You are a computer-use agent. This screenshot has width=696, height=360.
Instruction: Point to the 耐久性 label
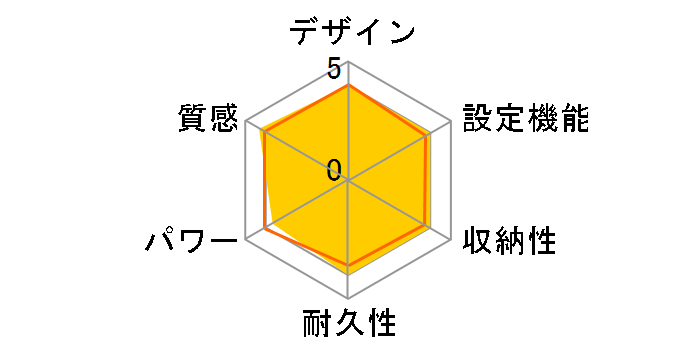349,324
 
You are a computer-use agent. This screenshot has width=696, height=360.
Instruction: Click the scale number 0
334,169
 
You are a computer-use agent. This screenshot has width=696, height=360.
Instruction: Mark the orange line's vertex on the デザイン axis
348,86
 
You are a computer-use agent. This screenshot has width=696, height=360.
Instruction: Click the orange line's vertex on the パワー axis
266,229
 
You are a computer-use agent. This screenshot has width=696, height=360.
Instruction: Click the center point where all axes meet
348,181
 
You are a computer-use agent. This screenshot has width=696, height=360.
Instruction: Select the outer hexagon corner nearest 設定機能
451,122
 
